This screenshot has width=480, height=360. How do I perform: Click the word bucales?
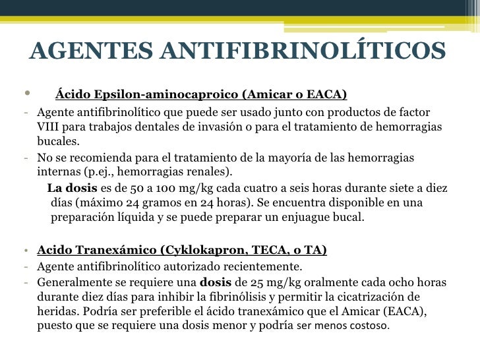click(x=58, y=141)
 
